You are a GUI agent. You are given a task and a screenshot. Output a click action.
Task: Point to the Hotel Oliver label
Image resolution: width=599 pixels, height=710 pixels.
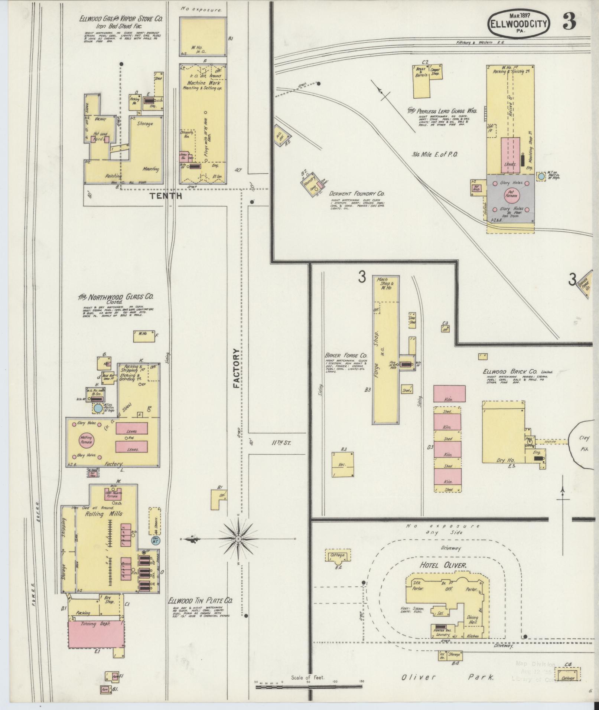443,576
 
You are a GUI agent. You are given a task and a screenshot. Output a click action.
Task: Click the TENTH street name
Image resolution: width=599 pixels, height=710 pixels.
166,196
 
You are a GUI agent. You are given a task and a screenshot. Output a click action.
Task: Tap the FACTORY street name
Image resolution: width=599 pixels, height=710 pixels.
237,368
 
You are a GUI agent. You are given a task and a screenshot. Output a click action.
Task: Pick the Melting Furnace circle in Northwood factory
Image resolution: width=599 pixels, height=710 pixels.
86,441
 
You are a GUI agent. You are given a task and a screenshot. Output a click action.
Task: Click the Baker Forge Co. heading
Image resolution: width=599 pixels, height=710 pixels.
345,355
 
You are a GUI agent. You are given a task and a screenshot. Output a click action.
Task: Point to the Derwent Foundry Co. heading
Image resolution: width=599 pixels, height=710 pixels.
357,194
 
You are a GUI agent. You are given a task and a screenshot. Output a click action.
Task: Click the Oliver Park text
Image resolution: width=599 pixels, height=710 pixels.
447,677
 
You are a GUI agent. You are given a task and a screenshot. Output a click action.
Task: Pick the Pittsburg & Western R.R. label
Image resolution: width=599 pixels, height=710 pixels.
479,43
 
